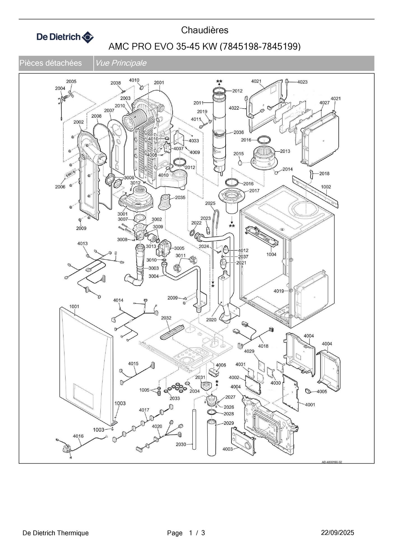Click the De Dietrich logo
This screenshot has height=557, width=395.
tap(65, 37)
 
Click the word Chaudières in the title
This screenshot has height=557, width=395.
tap(205, 30)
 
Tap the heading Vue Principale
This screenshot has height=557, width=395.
tap(121, 63)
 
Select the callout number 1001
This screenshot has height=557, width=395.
tap(74, 307)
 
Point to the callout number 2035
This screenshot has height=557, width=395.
tap(180, 197)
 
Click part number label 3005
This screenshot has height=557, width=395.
tap(179, 248)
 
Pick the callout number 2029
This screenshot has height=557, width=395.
tap(229, 423)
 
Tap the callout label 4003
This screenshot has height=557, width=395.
tap(227, 449)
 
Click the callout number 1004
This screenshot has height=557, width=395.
tap(271, 254)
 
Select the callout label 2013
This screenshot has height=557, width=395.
tap(285, 151)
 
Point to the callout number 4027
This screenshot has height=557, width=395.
tap(324, 103)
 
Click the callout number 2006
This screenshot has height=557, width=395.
tap(60, 187)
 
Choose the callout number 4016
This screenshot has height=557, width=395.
tap(78, 436)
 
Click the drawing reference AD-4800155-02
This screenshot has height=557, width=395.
tap(332, 462)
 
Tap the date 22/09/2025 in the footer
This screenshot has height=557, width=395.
tap(337, 533)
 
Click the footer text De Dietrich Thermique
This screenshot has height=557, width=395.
tap(55, 533)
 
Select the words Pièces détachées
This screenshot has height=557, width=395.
tap(51, 63)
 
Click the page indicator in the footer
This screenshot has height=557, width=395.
tap(186, 533)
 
